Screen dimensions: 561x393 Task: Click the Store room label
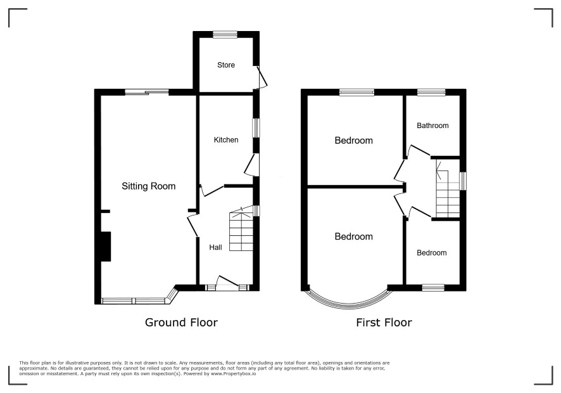pos(226,65)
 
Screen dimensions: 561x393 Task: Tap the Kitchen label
pos(226,139)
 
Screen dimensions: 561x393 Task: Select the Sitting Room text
pos(148,186)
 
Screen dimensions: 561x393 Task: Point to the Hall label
pos(215,247)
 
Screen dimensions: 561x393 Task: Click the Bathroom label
pos(432,126)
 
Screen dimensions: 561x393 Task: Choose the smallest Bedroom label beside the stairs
pos(431,252)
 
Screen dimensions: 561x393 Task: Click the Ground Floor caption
pos(181,323)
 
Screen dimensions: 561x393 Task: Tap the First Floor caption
pos(384,323)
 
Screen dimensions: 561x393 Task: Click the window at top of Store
pos(225,34)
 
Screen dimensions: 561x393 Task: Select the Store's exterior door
pos(262,77)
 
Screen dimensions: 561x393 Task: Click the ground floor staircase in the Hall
pos(241,229)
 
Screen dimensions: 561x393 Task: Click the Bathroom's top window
pos(431,92)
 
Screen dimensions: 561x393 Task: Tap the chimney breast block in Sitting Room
pos(106,247)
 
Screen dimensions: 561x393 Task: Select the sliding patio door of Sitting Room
pos(147,92)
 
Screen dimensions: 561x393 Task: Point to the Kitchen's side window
pos(256,128)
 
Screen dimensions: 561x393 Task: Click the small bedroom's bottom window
pos(433,288)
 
